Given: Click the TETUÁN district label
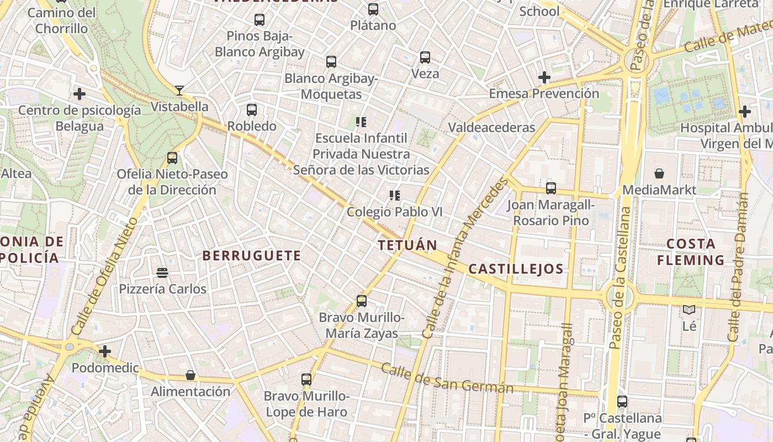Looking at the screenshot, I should pyautogui.click(x=407, y=245).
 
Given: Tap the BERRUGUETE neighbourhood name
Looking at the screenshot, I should pyautogui.click(x=252, y=256).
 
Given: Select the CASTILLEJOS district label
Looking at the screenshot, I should pyautogui.click(x=516, y=270).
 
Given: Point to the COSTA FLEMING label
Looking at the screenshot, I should pyautogui.click(x=695, y=252).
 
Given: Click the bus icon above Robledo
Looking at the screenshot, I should pyautogui.click(x=252, y=109).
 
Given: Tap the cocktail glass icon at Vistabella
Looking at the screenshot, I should pyautogui.click(x=179, y=90).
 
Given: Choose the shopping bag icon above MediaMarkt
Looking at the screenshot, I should pyautogui.click(x=659, y=173).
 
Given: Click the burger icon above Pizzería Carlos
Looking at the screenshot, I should pyautogui.click(x=162, y=272).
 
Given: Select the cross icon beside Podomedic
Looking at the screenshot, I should pyautogui.click(x=104, y=351).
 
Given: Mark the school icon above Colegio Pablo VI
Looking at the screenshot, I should pyautogui.click(x=394, y=195).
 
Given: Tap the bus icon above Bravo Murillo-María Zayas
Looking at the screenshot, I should pyautogui.click(x=362, y=301).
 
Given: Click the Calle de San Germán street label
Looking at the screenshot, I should pyautogui.click(x=447, y=379).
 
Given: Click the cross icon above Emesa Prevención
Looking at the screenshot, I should pyautogui.click(x=544, y=77).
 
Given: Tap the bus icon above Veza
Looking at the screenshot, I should pyautogui.click(x=425, y=57).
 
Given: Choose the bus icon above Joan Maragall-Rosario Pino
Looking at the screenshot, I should pyautogui.click(x=550, y=188).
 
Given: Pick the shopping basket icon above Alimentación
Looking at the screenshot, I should pyautogui.click(x=190, y=375).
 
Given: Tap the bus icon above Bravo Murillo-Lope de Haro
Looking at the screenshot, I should pyautogui.click(x=306, y=380).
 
